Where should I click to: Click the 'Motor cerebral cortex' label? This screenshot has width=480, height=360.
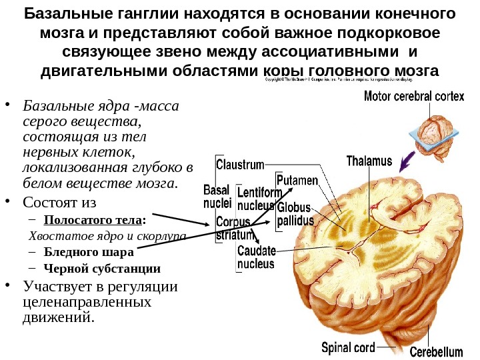pos(413,96)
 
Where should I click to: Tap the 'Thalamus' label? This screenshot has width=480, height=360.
pos(367,161)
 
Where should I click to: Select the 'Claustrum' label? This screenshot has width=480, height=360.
pos(240,163)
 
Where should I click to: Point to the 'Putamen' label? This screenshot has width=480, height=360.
pos(297,181)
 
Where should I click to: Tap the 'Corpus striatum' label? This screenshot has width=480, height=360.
pos(233,228)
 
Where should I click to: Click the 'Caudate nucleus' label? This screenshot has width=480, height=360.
pos(255,257)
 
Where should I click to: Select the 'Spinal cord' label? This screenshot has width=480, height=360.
pos(348,347)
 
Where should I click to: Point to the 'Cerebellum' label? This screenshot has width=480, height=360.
pos(436,351)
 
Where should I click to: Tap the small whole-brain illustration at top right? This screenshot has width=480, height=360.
pos(434,133)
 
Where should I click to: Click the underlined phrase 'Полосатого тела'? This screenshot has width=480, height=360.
pos(93,220)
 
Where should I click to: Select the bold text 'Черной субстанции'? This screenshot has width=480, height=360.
pos(102,269)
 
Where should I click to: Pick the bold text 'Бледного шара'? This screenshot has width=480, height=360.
pos(89,253)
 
